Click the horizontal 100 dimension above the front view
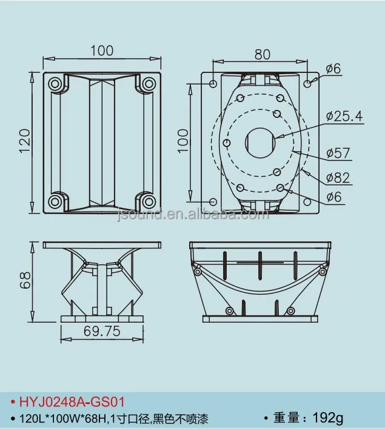pyautogui.click(x=101, y=50)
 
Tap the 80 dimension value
pyautogui.click(x=262, y=54)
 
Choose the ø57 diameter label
pyautogui.click(x=338, y=153)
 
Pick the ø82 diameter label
pyautogui.click(x=338, y=177)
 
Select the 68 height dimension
pyautogui.click(x=24, y=280)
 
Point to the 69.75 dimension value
pyautogui.click(x=101, y=331)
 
